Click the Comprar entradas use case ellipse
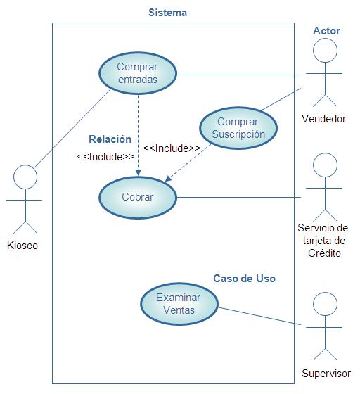tap(138, 73)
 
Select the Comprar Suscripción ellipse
tap(238, 128)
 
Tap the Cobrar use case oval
tap(138, 197)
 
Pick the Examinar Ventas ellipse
tap(179, 304)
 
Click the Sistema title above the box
tap(168, 13)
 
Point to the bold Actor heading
tap(327, 31)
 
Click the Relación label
tap(110, 139)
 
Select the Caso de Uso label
tap(244, 279)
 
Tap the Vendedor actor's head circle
tap(325, 50)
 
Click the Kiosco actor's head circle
tap(25, 177)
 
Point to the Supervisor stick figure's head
tap(325, 304)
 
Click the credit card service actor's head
tap(325, 165)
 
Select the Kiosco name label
tap(22, 246)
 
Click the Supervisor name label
tap(326, 374)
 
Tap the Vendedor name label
tap(324, 119)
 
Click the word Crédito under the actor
tap(324, 253)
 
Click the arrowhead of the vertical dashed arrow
tap(138, 172)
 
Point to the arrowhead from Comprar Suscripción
tap(168, 178)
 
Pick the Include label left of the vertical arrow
tap(105, 157)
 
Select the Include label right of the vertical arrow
tap(172, 148)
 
